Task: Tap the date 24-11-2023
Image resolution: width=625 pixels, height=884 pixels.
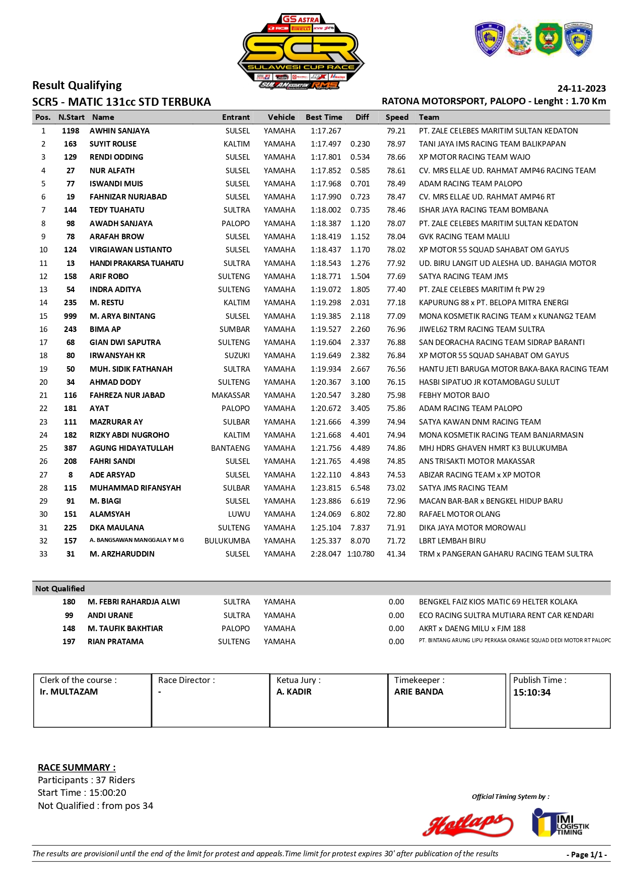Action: [x=581, y=89]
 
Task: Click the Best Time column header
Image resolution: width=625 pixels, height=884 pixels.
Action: [x=324, y=117]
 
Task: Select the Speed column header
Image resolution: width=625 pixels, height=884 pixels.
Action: [x=397, y=117]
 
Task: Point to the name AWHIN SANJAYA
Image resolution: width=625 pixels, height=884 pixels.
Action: [x=119, y=131]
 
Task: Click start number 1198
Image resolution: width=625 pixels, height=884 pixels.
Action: [x=71, y=131]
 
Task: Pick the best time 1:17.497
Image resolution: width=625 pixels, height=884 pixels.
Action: [x=326, y=144]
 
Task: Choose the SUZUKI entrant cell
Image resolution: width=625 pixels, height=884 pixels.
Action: [x=237, y=356]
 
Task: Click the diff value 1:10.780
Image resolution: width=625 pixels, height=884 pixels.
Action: [x=361, y=554]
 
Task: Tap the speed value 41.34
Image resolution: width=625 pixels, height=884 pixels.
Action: [x=396, y=554]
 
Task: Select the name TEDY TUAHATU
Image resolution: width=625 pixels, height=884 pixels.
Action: [x=117, y=210]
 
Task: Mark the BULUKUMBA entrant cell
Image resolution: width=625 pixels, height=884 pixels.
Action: [x=227, y=541]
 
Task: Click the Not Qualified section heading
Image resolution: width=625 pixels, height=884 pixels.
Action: [x=60, y=588]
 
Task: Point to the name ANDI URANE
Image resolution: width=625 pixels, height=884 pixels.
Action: [x=110, y=616]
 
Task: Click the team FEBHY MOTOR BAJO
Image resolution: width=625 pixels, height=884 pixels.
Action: [x=454, y=395]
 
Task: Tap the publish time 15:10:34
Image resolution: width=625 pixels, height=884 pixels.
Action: [x=532, y=693]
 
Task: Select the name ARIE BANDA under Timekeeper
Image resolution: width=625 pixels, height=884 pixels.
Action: [x=419, y=692]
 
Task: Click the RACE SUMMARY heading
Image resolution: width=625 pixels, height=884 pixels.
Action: [x=77, y=768]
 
